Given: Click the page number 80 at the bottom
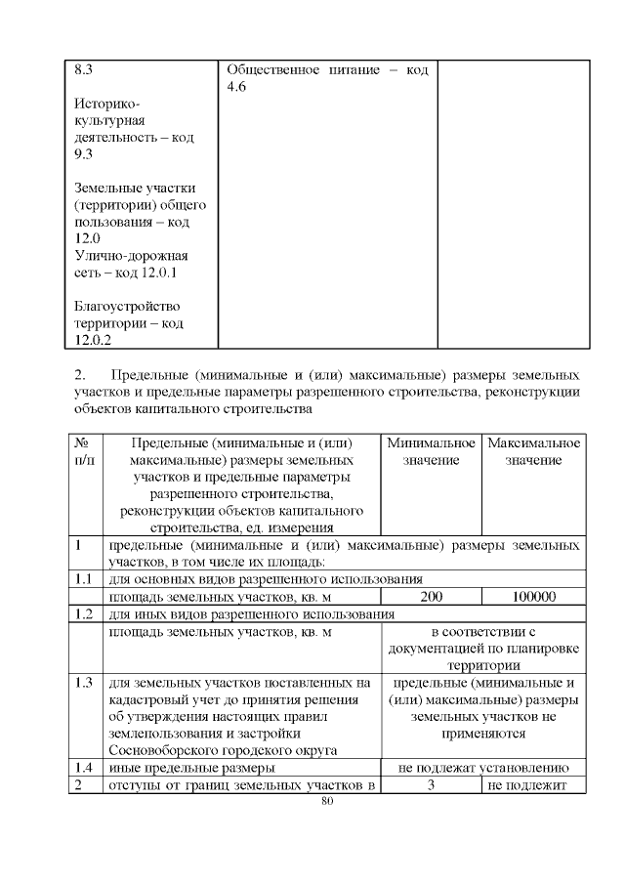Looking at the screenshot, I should point(327,802).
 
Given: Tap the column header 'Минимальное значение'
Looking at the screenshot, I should point(431,451).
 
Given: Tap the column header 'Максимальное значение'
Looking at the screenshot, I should point(533,451).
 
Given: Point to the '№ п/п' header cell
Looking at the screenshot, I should point(84,451).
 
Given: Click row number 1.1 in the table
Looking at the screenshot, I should point(84,578).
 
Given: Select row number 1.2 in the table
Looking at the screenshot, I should point(84,614).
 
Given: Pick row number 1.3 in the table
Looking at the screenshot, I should point(84,682).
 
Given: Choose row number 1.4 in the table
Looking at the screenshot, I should point(84,768).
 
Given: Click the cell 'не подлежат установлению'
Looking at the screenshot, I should point(485,768).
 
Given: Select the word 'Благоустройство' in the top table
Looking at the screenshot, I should point(127,306).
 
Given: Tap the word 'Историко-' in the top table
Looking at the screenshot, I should point(106,104).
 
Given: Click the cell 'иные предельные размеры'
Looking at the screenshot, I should point(187,768).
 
